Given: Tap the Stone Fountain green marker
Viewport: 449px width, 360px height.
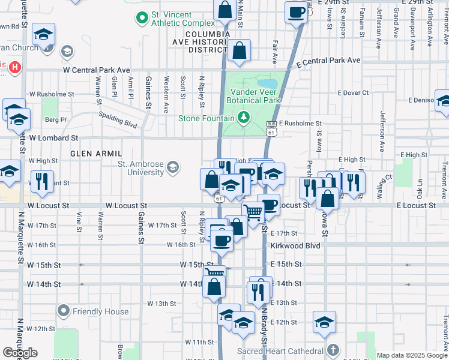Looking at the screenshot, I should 243,116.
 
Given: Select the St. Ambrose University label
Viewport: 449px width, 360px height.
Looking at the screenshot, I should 140,168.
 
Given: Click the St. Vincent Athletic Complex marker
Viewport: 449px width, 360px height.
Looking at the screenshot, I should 142,18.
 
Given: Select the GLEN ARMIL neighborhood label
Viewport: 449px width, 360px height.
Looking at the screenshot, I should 92,154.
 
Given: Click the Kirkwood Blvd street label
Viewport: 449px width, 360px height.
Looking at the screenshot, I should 295,246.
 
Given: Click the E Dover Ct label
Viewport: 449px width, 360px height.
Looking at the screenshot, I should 353,93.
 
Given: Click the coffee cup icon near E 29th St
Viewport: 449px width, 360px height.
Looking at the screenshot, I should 296,12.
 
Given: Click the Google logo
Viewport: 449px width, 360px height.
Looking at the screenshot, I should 20,353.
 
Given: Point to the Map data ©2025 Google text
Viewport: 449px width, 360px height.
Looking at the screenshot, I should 412,355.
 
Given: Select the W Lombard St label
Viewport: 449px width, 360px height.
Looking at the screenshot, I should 53,138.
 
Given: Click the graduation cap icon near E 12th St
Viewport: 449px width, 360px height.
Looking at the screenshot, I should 324,322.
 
